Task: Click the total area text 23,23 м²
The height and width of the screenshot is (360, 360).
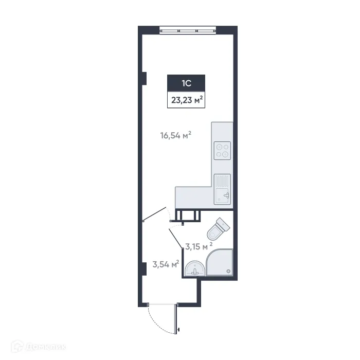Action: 187,100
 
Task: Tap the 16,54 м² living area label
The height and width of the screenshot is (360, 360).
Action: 176,136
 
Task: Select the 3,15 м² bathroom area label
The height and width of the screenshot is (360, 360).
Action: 199,246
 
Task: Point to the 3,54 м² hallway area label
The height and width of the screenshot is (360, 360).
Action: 165,264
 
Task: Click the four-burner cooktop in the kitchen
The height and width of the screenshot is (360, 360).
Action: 223,149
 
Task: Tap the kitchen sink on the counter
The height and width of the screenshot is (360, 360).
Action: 222,189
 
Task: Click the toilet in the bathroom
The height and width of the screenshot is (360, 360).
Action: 218,229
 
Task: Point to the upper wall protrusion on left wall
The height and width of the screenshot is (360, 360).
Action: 145,78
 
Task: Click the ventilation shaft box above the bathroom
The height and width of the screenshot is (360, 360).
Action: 188,215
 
